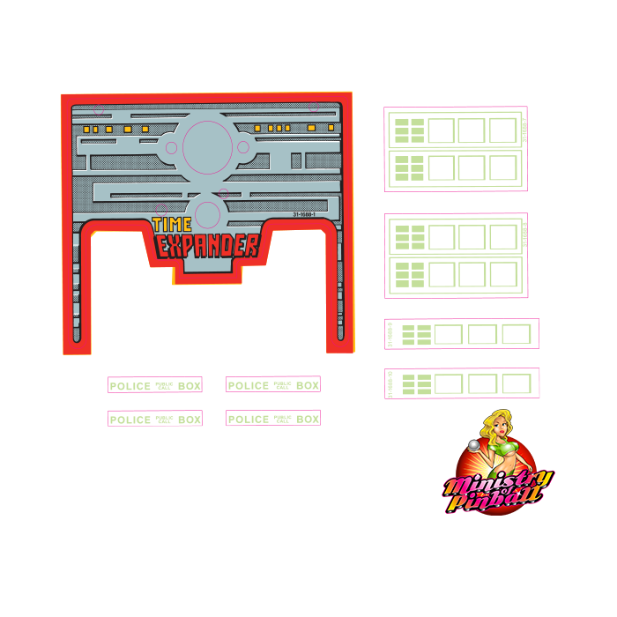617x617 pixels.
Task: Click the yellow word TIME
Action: (172, 225)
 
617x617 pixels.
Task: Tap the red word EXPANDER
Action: (208, 246)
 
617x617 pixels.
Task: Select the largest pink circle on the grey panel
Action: (207, 147)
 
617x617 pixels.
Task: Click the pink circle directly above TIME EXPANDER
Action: (207, 214)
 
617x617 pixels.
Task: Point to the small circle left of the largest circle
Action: (171, 147)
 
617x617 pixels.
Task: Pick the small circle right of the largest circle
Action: (243, 147)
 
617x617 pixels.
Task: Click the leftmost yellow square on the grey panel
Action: (86, 130)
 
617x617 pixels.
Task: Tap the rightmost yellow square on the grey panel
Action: (331, 128)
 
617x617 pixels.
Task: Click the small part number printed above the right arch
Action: (304, 214)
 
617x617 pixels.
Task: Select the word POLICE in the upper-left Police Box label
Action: (130, 386)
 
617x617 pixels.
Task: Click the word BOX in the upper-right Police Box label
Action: (308, 385)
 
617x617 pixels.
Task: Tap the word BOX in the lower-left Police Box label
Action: (190, 420)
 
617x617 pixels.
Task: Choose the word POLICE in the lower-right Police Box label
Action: (248, 419)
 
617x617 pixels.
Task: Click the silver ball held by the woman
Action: (474, 446)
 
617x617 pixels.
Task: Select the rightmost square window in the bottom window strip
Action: (517, 384)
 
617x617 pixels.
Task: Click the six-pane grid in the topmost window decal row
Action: (409, 130)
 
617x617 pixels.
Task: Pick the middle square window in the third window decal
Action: (482, 335)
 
